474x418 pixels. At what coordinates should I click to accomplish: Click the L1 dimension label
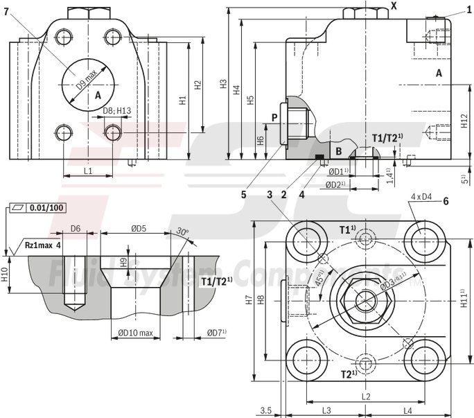tap(88, 170)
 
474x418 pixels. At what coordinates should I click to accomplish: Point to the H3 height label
tap(223, 83)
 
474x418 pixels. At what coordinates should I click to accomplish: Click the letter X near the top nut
tap(394, 6)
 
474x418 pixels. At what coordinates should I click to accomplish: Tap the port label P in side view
tap(274, 118)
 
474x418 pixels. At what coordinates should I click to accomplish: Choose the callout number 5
tap(244, 195)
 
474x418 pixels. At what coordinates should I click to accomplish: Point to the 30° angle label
tap(182, 232)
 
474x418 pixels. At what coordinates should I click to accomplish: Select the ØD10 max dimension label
tap(135, 333)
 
